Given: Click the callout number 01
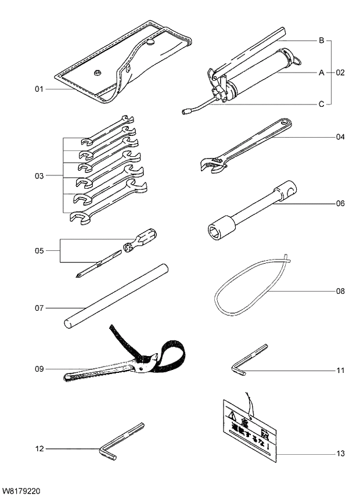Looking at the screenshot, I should point(39,89).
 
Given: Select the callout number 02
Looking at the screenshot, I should point(340,73).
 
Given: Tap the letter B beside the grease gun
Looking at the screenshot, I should point(321,41).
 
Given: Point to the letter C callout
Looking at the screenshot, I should point(321,105).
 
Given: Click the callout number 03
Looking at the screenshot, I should point(39,174).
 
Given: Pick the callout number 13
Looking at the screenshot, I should point(340,453).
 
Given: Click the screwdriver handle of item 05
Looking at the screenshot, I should point(144,238).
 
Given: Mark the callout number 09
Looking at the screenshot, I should point(39,368).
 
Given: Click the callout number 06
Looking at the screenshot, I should point(340,203).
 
